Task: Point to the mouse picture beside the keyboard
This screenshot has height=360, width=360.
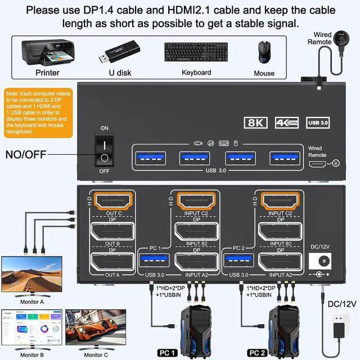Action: pyautogui.click(x=263, y=53)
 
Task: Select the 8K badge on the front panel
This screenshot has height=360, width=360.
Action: pyautogui.click(x=256, y=122)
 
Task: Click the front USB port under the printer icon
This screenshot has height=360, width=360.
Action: pyautogui.click(x=195, y=159)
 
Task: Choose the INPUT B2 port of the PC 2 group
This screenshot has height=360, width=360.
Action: pyautogui.click(x=280, y=232)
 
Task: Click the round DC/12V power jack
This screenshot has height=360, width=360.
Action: pyautogui.click(x=321, y=262)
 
